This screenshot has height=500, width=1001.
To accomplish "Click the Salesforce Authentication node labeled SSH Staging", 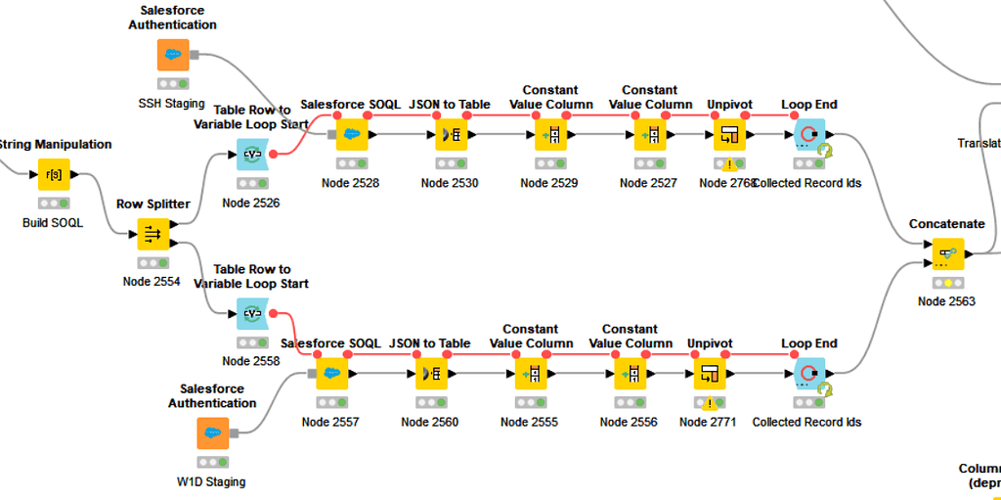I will tap(173, 55).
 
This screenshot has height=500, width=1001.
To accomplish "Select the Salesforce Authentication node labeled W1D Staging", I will tap(212, 433).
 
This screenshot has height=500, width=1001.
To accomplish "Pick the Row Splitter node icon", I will tap(152, 234).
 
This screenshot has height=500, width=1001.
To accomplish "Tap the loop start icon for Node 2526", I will tap(252, 154).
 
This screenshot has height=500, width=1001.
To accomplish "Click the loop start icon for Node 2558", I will tap(252, 314).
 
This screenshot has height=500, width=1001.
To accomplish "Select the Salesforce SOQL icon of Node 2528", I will tap(351, 134).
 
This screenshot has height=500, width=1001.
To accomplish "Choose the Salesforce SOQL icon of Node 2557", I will tap(330, 374).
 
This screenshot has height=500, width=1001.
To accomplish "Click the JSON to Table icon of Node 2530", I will tap(451, 134).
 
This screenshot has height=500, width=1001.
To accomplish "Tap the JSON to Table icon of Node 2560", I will tap(430, 374).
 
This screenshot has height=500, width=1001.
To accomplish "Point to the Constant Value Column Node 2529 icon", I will tap(549, 134).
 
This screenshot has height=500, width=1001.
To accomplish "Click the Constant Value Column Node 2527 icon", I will tap(649, 134).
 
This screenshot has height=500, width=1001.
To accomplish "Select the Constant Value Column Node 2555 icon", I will tap(530, 374).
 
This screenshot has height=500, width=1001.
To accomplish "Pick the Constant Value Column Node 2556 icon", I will tap(630, 374).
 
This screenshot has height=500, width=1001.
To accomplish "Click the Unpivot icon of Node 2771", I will tap(709, 374).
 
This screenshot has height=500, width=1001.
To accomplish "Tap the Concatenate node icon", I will tap(946, 253).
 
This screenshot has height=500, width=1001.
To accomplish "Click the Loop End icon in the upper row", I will tap(809, 134).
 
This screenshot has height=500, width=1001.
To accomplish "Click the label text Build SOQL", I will tap(54, 222).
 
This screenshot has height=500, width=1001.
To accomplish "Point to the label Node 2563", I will tap(946, 301).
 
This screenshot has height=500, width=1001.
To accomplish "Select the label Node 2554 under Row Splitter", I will tap(152, 282).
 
